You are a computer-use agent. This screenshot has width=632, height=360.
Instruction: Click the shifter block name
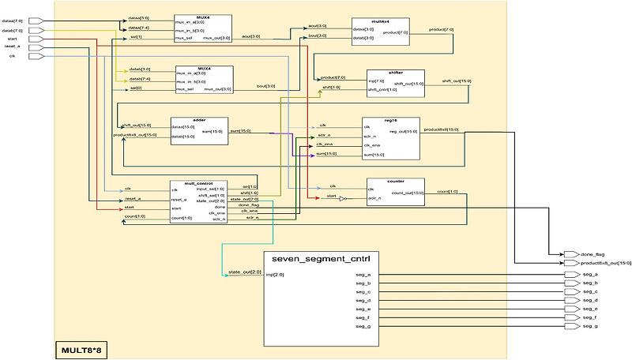(396, 72)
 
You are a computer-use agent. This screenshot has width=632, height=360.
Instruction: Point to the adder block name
(198, 119)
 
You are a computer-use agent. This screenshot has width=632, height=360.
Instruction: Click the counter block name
(396, 181)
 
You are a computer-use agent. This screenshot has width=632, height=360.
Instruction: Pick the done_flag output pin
(570, 253)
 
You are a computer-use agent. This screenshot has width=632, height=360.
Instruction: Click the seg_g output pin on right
(570, 327)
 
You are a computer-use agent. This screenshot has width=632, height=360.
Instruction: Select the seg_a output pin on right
(570, 274)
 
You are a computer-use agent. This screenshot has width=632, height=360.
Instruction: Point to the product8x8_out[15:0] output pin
(570, 263)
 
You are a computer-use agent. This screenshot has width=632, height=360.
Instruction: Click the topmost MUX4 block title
(203, 16)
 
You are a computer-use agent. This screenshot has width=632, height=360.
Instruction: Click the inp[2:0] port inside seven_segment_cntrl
(274, 275)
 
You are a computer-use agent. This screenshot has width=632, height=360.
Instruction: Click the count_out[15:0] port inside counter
(409, 193)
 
